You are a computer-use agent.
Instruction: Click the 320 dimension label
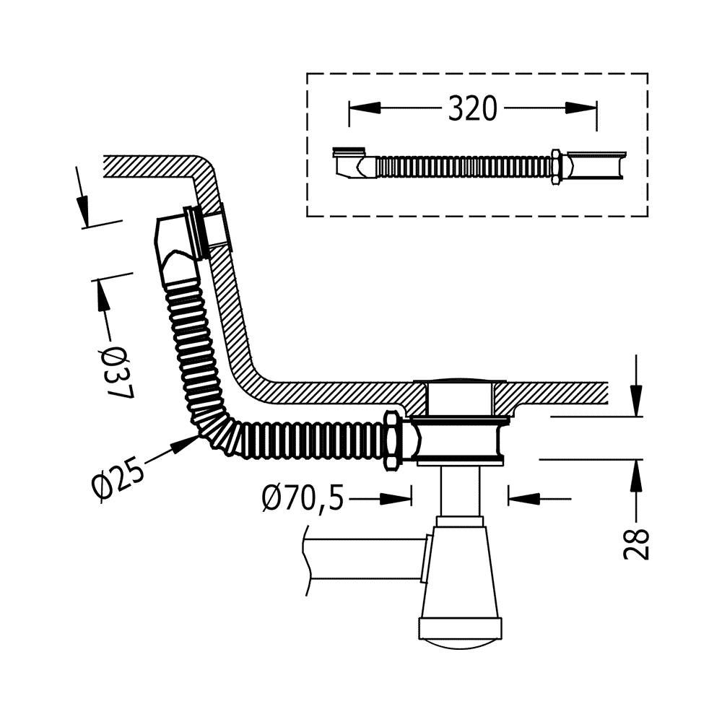click(473, 108)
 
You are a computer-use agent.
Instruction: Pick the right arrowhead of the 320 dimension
click(581, 108)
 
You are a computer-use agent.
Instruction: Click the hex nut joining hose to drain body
click(391, 440)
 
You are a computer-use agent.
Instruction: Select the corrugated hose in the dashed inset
click(462, 167)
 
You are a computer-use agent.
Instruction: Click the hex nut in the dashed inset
click(557, 167)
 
